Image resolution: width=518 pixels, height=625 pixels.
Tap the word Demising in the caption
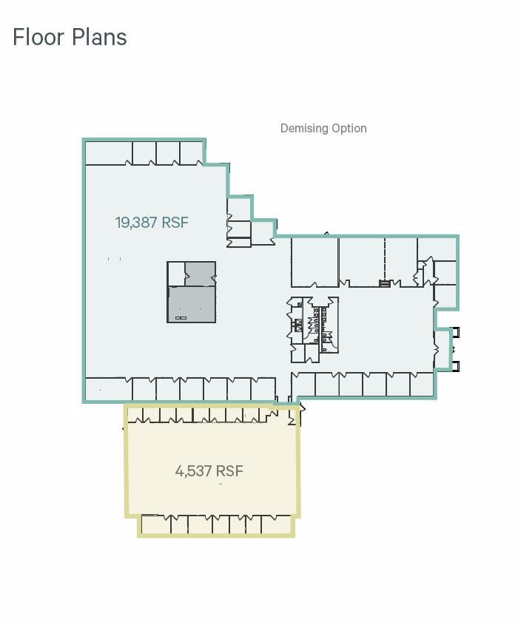[x=303, y=128]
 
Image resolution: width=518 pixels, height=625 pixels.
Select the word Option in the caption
[x=349, y=128]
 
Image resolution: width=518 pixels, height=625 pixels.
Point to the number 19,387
[x=137, y=222]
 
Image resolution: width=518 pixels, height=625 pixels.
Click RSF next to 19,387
[x=175, y=222]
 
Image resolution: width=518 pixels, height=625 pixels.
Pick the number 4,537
[x=194, y=471]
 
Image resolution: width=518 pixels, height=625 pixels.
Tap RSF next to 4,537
[x=230, y=471]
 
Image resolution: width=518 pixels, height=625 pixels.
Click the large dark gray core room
[x=192, y=304]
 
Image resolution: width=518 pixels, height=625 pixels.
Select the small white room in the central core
[x=175, y=273]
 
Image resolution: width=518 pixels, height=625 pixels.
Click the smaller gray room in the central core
[x=200, y=273]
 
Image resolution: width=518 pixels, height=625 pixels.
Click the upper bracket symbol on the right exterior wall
[x=456, y=332]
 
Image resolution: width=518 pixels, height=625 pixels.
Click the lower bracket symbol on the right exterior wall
[x=456, y=365]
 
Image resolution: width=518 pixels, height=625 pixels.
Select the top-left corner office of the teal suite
[x=108, y=152]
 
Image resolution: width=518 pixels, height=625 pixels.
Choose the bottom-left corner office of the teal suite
[x=108, y=389]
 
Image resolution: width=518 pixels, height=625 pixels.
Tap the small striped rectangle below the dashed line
[x=385, y=283]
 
